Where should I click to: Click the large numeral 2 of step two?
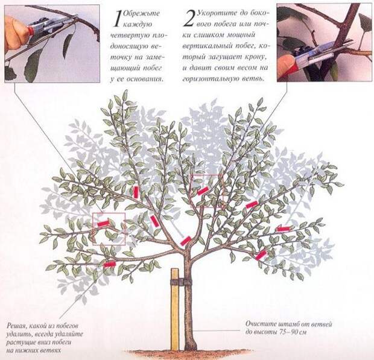click(189, 18)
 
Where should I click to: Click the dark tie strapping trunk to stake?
click(181, 282)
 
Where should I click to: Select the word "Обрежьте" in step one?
click(141, 14)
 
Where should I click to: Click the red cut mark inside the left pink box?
click(103, 223)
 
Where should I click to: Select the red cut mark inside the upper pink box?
click(203, 191)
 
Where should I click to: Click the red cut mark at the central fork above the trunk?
click(186, 241)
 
